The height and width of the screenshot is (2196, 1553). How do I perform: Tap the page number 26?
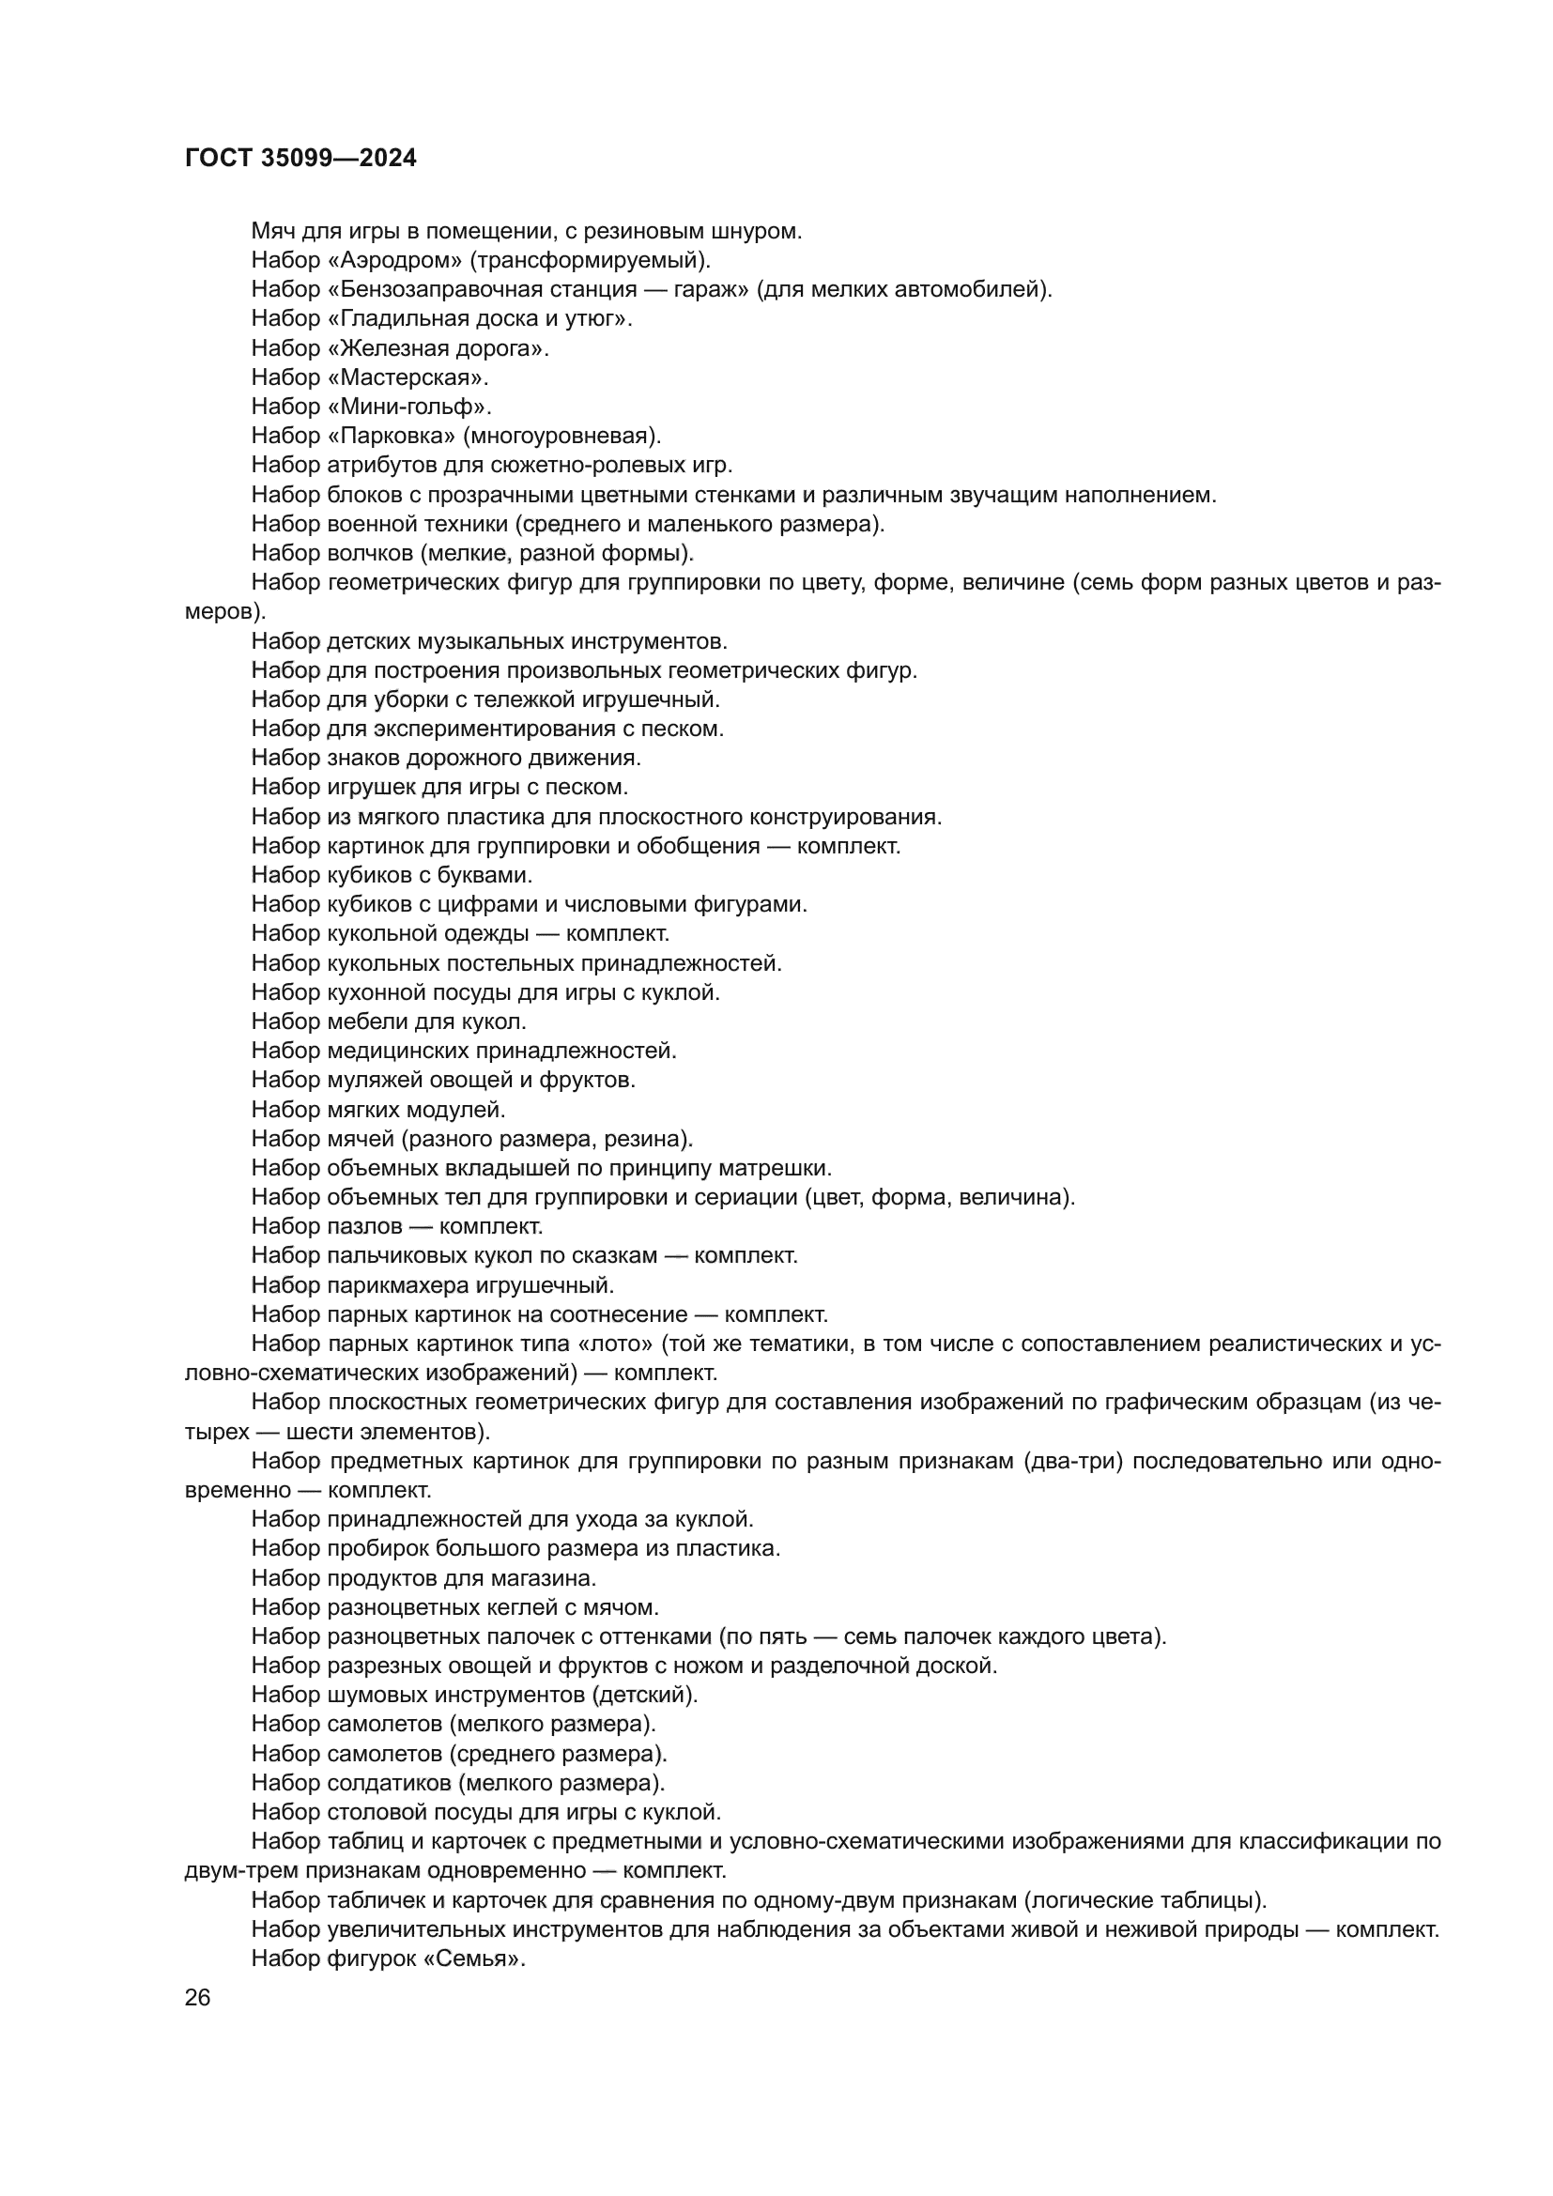point(198,1997)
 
